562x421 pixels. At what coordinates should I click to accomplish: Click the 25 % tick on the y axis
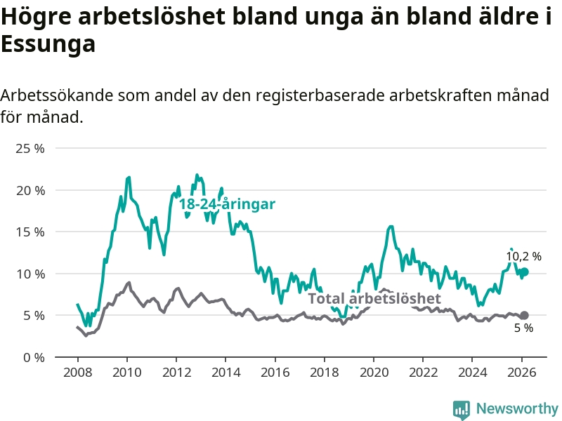coord(30,149)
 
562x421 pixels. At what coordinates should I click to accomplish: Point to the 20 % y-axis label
coord(30,190)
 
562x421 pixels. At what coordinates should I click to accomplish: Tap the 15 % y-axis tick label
coord(30,232)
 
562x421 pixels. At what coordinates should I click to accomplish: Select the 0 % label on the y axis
coord(33,357)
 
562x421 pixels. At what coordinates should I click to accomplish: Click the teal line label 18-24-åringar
coord(226,204)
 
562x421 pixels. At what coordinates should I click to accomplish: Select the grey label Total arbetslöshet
coord(369,299)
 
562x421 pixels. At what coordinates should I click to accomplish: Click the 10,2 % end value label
coord(524,257)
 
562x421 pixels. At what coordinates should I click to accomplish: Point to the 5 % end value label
coord(523,328)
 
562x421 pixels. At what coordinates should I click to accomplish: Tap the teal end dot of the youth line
coord(524,272)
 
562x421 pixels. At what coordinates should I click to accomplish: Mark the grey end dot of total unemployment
coord(524,316)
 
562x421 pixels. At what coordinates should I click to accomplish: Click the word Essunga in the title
coord(48,44)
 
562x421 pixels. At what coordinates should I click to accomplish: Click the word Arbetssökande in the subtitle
coord(57,95)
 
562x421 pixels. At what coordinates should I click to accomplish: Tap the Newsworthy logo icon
coord(462,408)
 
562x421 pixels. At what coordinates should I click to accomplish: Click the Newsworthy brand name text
coord(517,408)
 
